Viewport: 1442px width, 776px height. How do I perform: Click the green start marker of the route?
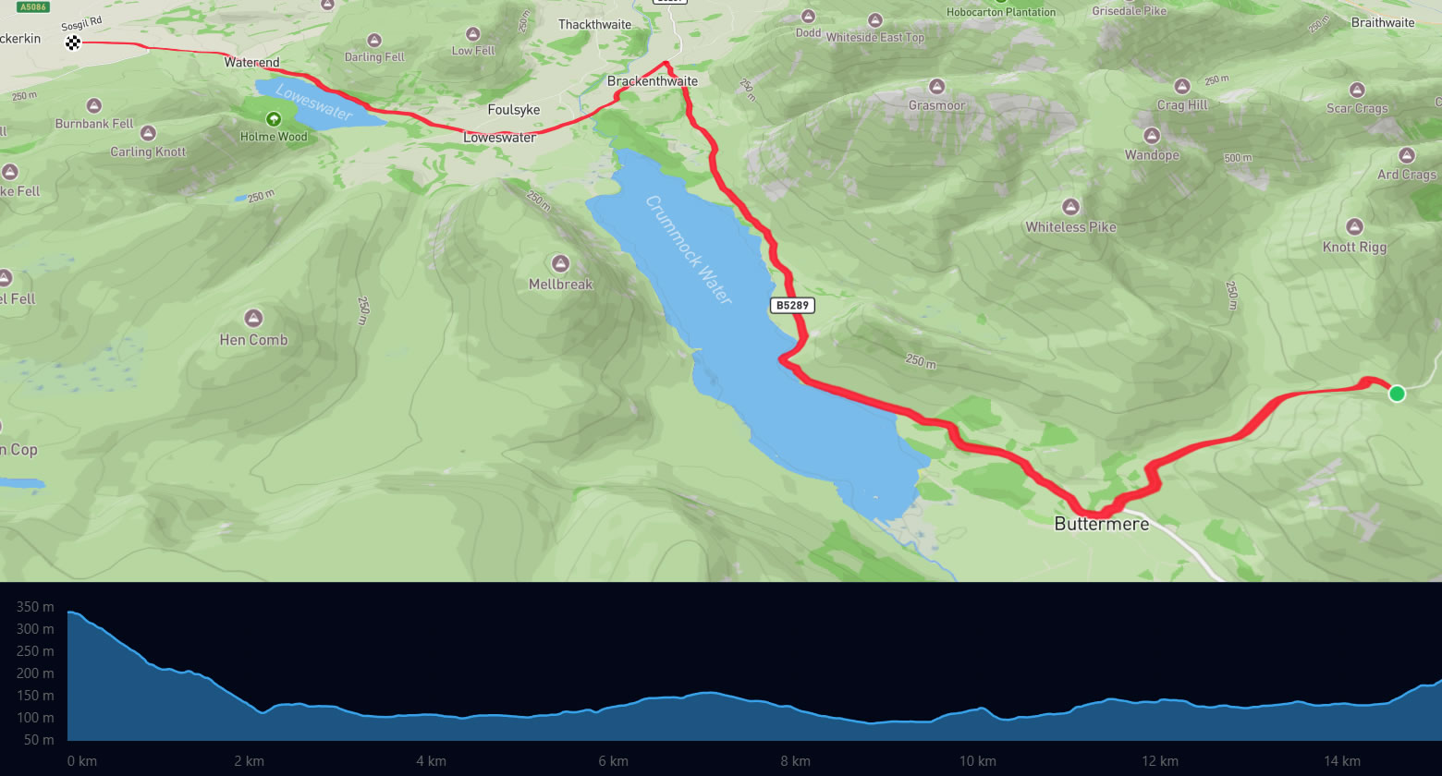tap(1397, 394)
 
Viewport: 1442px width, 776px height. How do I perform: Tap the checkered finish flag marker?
tap(73, 42)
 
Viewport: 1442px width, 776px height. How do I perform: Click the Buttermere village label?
tap(1102, 524)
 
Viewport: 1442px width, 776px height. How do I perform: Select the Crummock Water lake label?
tap(689, 250)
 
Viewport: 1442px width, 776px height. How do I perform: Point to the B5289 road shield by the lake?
tap(793, 305)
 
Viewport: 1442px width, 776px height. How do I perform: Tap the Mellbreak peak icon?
tap(560, 263)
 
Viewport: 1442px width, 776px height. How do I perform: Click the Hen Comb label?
tap(253, 340)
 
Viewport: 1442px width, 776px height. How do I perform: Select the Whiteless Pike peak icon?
tap(1070, 207)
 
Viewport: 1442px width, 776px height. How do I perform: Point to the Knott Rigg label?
tap(1354, 247)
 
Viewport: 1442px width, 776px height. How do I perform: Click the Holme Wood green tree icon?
tap(274, 119)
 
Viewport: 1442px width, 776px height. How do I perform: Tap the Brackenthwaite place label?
tap(653, 81)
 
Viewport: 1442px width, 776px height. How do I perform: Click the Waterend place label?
tap(251, 63)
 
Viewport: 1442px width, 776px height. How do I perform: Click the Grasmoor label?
tap(936, 105)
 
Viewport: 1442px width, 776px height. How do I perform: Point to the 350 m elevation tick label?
tap(35, 607)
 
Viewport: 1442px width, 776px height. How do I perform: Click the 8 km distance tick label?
tap(795, 761)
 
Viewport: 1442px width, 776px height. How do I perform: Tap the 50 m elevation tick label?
tap(38, 740)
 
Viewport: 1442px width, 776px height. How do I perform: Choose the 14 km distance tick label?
tap(1341, 761)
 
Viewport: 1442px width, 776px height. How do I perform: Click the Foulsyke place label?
tap(513, 110)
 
